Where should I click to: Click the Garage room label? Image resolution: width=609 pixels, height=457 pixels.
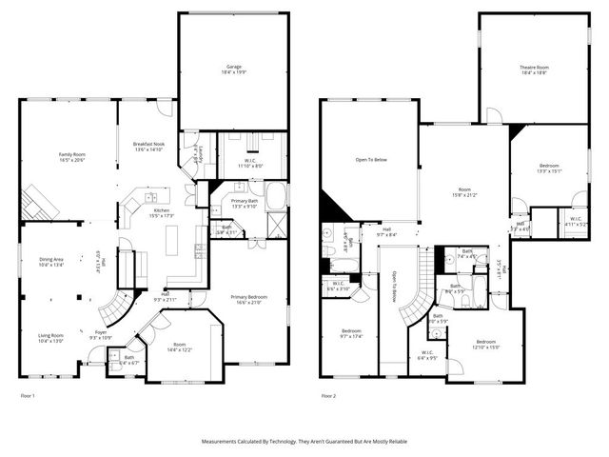pos(233,67)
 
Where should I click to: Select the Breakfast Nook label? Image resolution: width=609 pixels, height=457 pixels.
pos(148,144)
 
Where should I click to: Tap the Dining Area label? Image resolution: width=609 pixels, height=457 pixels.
pos(51,260)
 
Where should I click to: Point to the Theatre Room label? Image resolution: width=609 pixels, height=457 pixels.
pos(534,68)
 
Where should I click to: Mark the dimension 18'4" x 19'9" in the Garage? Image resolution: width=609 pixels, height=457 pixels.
pos(233,72)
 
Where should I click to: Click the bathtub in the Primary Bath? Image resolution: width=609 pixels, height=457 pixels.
pos(275,198)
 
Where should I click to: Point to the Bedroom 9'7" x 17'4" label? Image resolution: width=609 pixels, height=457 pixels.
pos(351,332)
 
